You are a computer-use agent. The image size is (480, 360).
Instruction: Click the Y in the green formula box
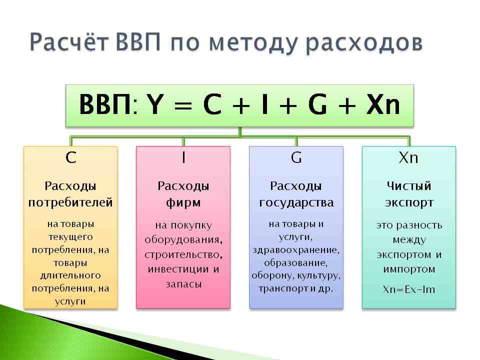(x=156, y=105)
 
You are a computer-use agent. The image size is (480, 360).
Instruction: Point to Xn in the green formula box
(x=383, y=105)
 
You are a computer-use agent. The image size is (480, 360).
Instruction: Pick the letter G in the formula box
(x=318, y=105)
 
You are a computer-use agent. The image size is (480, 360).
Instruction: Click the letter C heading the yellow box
(x=71, y=158)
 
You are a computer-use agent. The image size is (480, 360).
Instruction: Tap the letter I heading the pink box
(x=183, y=158)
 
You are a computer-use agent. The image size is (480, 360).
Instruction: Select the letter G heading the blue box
(x=296, y=158)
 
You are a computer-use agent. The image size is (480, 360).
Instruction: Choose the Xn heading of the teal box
(x=408, y=158)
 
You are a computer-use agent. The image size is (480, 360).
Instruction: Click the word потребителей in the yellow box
(x=70, y=203)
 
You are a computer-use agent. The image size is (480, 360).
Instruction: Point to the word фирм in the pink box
(x=183, y=203)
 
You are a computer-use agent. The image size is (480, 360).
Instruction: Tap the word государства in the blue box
(x=296, y=203)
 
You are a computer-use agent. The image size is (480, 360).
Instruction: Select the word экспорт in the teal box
(x=409, y=203)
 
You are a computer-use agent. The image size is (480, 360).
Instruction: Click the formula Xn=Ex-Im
(x=409, y=289)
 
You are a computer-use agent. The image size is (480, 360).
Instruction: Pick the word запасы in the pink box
(x=183, y=284)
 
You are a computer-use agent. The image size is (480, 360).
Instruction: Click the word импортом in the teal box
(x=409, y=269)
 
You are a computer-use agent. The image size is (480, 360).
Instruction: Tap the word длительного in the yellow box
(x=70, y=275)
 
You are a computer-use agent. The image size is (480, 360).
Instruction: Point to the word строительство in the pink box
(x=183, y=254)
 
